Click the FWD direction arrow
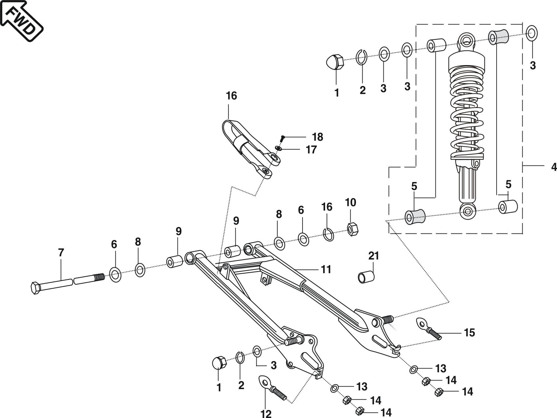[21, 20]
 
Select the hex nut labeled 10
[352, 228]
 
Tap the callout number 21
[373, 255]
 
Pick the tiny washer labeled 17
[279, 149]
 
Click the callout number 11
[326, 269]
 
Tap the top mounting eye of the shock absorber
[467, 40]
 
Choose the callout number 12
[266, 413]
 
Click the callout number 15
[469, 333]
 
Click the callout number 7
[61, 253]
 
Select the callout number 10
[351, 202]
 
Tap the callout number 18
[317, 137]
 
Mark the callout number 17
[311, 150]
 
